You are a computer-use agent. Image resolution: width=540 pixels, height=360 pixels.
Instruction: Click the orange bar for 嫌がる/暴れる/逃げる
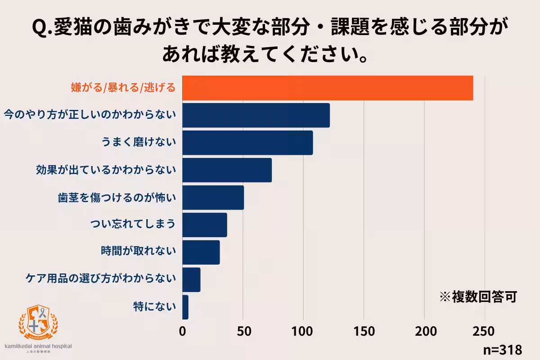click(x=328, y=88)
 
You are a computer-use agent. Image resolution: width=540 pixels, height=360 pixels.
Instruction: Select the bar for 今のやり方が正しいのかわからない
click(x=256, y=115)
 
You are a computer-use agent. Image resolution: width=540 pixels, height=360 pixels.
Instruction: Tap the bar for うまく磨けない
click(x=247, y=143)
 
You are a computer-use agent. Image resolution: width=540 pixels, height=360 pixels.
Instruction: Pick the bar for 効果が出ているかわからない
click(x=227, y=170)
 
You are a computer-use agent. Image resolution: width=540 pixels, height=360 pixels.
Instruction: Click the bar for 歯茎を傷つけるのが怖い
click(x=213, y=198)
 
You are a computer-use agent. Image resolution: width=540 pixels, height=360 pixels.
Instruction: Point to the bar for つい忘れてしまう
click(x=205, y=225)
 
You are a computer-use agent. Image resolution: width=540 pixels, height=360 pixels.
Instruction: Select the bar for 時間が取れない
click(x=201, y=252)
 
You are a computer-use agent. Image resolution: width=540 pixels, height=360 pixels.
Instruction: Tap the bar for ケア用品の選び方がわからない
click(x=192, y=280)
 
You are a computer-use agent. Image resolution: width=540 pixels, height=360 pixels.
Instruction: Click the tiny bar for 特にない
click(x=185, y=307)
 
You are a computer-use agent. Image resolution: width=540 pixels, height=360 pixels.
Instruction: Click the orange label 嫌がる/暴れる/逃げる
click(x=123, y=87)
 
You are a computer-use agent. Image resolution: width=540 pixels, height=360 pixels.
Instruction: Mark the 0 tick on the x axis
click(x=183, y=331)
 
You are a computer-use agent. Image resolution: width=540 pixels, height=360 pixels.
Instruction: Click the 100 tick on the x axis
click(x=303, y=331)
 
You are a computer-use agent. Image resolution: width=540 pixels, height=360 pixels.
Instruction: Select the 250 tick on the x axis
click(x=485, y=331)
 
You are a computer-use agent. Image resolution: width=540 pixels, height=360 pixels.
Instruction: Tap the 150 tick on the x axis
click(x=364, y=331)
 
